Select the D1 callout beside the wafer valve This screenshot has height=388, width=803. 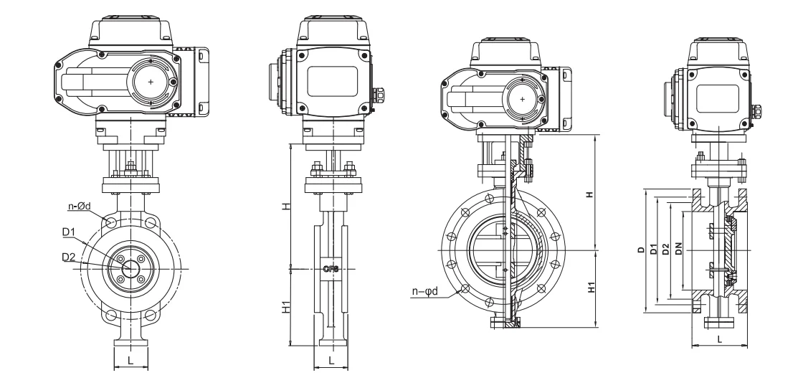[69, 232]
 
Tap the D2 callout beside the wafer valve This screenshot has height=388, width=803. [69, 256]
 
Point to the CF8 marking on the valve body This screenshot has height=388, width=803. [331, 269]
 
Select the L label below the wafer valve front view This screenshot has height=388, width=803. [130, 361]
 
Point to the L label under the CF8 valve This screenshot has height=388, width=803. [331, 361]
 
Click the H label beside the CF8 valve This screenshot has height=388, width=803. [285, 206]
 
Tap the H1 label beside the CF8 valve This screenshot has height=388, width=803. [285, 308]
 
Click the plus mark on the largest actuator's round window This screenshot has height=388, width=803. [151, 82]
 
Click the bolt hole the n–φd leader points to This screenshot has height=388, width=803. [465, 289]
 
